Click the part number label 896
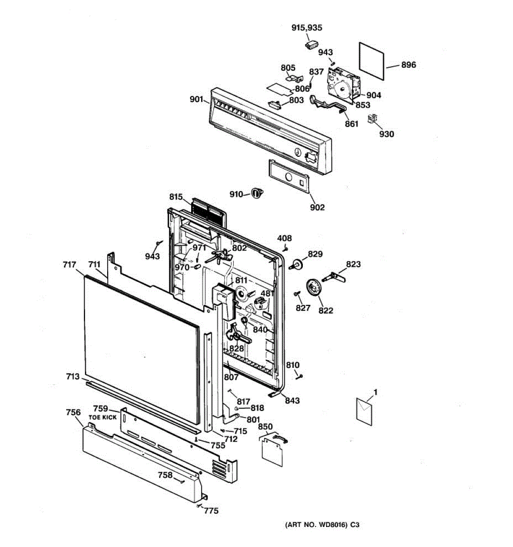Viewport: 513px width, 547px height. tap(408, 65)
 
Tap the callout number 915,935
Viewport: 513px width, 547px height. tap(306, 28)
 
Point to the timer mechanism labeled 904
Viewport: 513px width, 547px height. tap(343, 84)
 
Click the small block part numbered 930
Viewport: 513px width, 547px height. tap(372, 119)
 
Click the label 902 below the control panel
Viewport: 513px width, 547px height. tap(317, 207)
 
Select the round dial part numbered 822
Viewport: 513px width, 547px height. tap(313, 289)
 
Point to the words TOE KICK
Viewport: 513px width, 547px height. tap(103, 417)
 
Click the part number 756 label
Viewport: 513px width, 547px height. tap(73, 413)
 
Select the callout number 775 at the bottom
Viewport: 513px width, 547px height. tap(211, 511)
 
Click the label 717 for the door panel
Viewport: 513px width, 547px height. tap(69, 264)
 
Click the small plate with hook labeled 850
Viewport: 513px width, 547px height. tap(272, 450)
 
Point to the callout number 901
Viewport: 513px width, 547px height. tap(197, 99)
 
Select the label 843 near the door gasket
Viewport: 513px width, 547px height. tap(292, 400)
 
